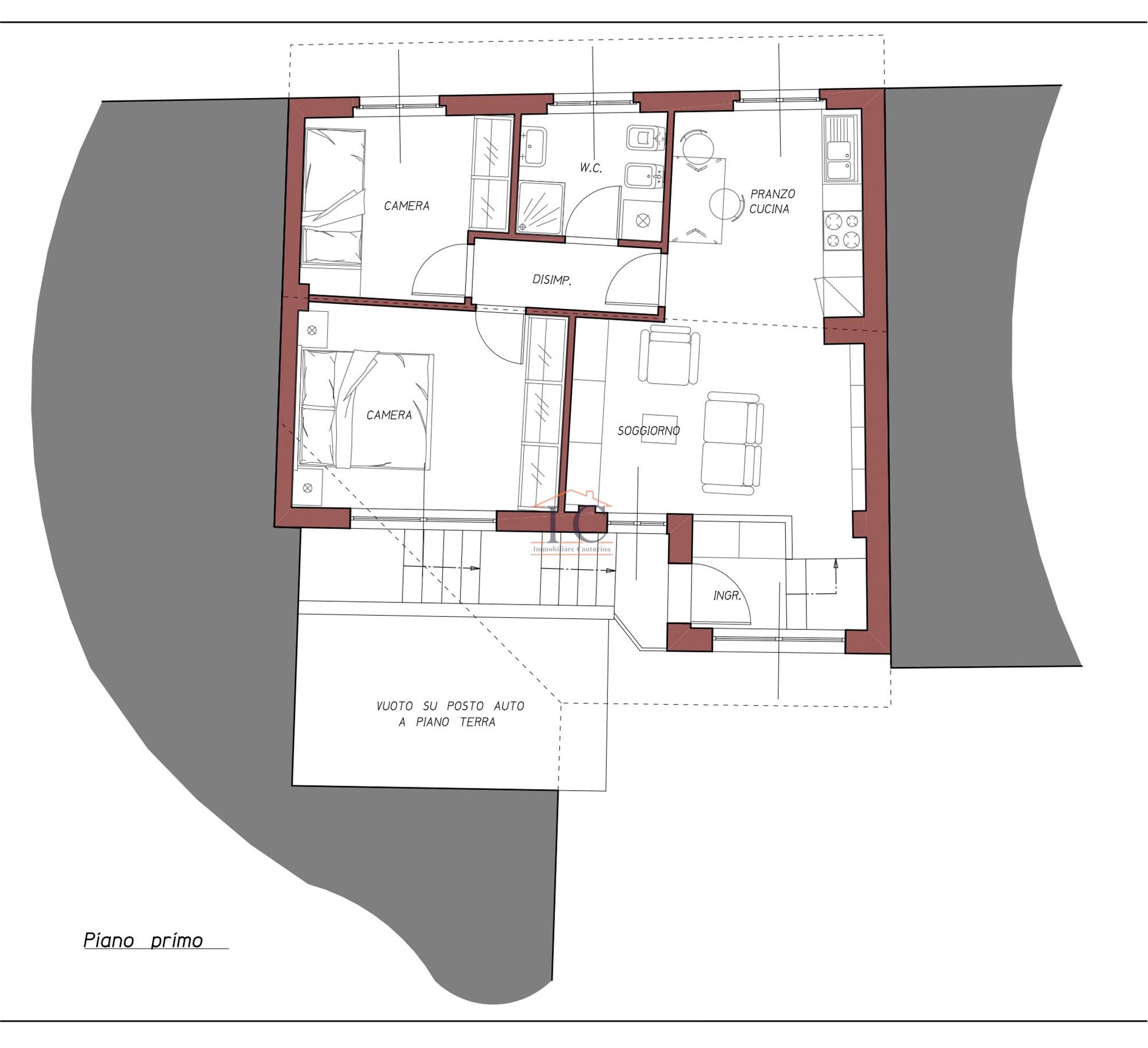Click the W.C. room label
[x=591, y=168]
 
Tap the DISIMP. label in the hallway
[x=552, y=280]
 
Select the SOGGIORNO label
[x=649, y=431]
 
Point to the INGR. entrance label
[x=727, y=596]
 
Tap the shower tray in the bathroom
[x=541, y=208]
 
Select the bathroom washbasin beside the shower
[x=533, y=147]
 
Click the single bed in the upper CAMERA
[x=333, y=198]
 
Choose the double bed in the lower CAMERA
[x=364, y=409]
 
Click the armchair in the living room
[x=669, y=355]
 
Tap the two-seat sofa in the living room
[x=732, y=443]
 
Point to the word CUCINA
[x=769, y=209]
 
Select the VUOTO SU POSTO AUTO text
[x=451, y=706]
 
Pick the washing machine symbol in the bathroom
[x=643, y=220]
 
